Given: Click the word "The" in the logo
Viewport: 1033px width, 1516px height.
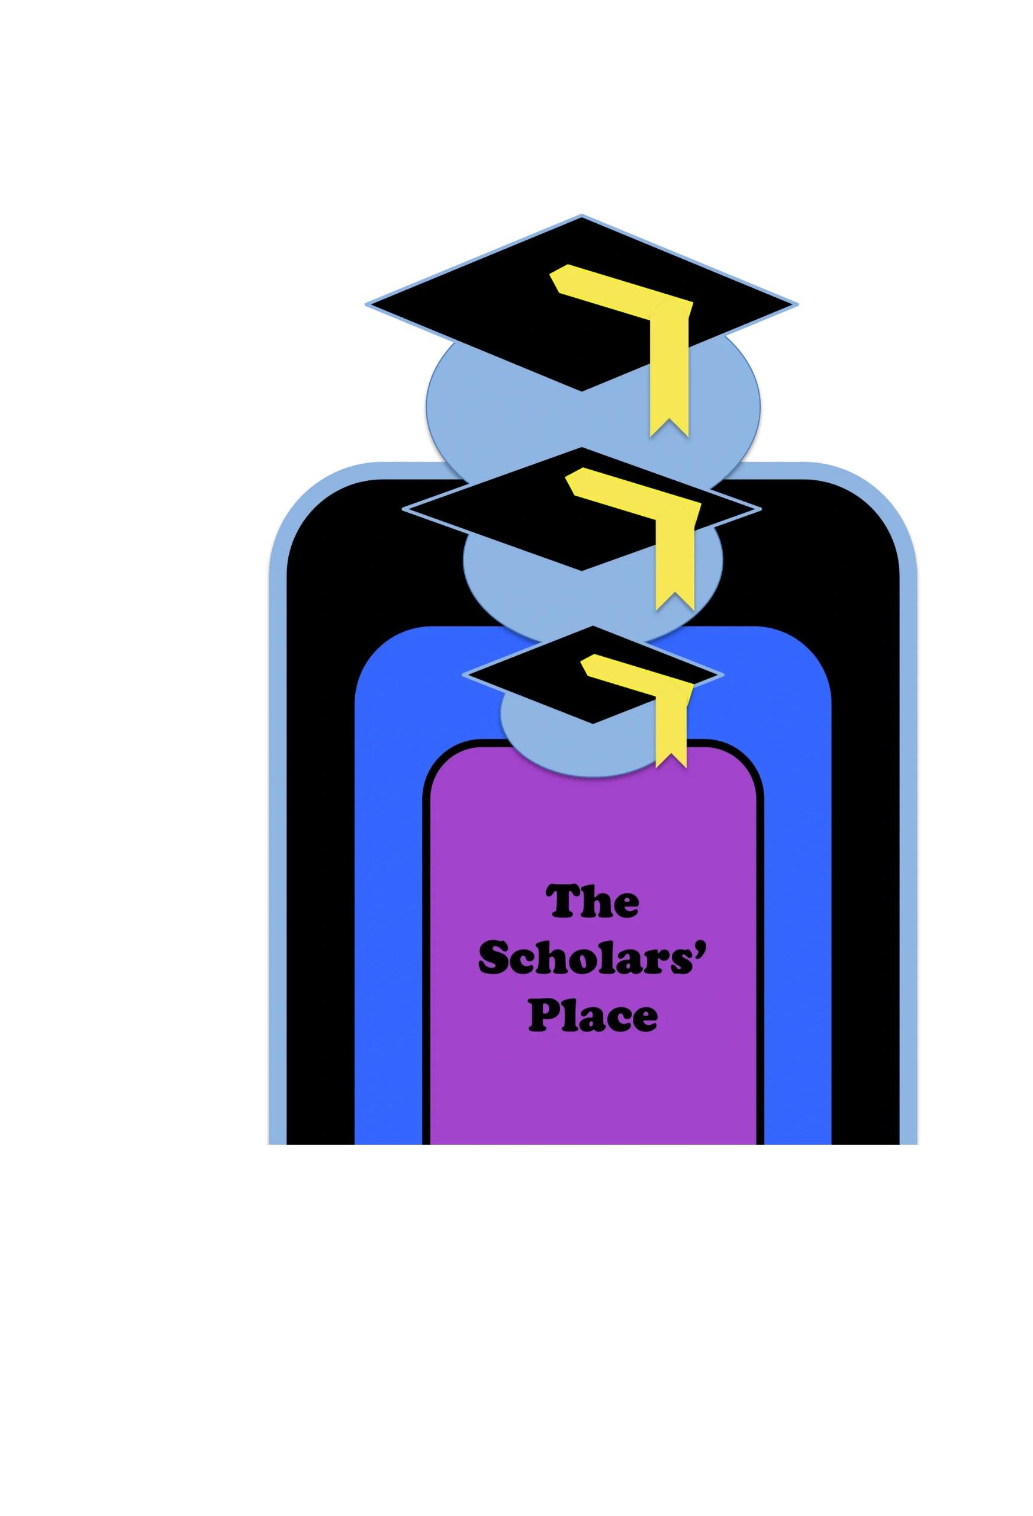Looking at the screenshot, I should (x=593, y=902).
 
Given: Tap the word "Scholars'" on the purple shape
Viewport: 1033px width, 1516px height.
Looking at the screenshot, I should (x=592, y=958).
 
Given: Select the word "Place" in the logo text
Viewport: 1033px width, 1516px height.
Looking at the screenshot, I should (x=592, y=1016).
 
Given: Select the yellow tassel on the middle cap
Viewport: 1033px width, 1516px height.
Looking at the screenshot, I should (x=674, y=541).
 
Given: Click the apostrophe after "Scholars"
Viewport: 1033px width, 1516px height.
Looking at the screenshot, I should (x=701, y=947).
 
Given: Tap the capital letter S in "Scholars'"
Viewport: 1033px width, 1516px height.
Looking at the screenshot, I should (x=495, y=958).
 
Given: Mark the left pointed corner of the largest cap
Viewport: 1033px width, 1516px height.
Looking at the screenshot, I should (x=366, y=304).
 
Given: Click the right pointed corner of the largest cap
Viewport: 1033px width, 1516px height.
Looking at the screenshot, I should (x=797, y=304).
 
